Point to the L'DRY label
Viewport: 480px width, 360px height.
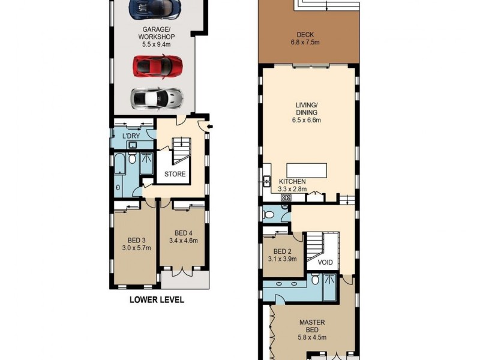point(131,136)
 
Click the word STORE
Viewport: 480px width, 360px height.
point(175,175)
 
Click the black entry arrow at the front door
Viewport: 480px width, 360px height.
point(208,126)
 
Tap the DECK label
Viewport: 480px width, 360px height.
point(308,34)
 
